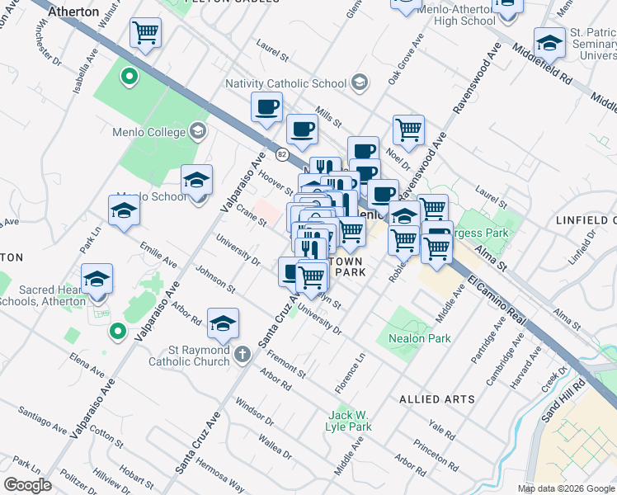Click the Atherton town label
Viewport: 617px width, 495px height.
73,12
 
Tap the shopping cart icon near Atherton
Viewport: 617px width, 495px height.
145,33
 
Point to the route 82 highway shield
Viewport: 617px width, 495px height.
282,153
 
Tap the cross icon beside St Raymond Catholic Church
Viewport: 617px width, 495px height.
242,355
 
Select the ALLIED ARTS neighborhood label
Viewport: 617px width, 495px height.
436,399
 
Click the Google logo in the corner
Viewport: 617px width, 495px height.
27,485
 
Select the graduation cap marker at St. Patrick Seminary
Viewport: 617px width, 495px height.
549,42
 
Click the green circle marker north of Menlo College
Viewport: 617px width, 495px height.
129,78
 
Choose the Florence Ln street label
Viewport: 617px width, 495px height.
349,374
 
